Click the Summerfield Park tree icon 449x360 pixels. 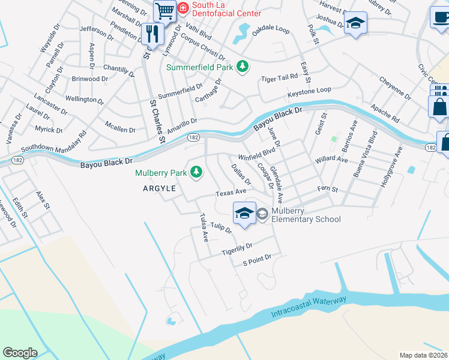[x=243, y=66]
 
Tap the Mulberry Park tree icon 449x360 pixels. [x=196, y=173]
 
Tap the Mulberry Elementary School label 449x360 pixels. [x=306, y=215]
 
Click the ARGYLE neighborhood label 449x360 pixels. [x=159, y=188]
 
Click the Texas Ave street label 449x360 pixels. [x=231, y=192]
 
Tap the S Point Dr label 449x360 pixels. [x=257, y=260]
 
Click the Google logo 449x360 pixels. [x=20, y=353]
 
